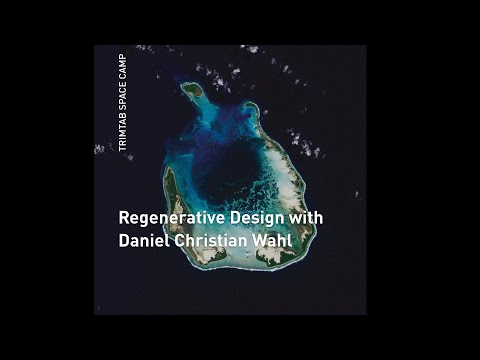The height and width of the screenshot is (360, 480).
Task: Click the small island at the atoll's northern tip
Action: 192,90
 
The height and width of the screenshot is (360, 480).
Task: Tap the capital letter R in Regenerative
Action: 123,216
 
